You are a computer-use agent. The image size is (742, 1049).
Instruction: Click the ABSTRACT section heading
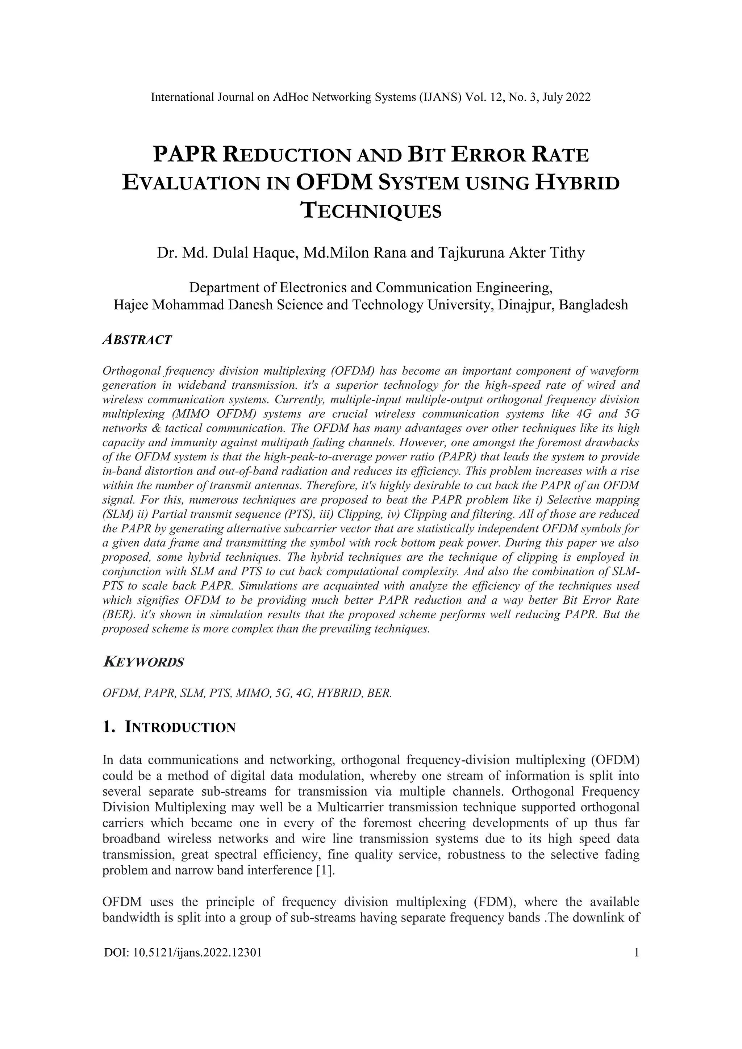[x=137, y=340]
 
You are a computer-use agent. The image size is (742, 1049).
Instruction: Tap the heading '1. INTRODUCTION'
[x=169, y=727]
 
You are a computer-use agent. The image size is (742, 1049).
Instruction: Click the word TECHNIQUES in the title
[x=371, y=211]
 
